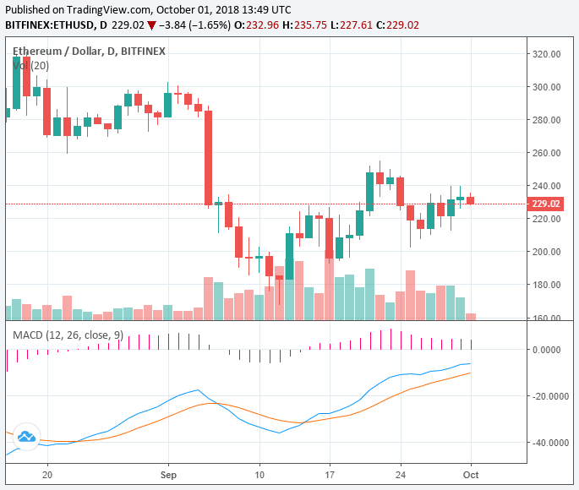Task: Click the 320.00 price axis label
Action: (x=548, y=54)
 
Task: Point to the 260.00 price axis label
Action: (x=548, y=153)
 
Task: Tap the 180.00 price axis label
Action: (x=548, y=286)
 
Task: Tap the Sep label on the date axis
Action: (x=167, y=476)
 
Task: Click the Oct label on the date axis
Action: (x=470, y=476)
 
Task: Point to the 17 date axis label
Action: (x=330, y=476)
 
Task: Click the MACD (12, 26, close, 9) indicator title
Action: (x=67, y=335)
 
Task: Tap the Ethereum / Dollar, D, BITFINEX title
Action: (x=89, y=52)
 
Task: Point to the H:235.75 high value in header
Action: (x=305, y=25)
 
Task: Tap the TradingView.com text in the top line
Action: (x=117, y=9)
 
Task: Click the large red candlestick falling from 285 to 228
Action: (x=208, y=157)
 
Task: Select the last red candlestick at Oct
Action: (x=471, y=200)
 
